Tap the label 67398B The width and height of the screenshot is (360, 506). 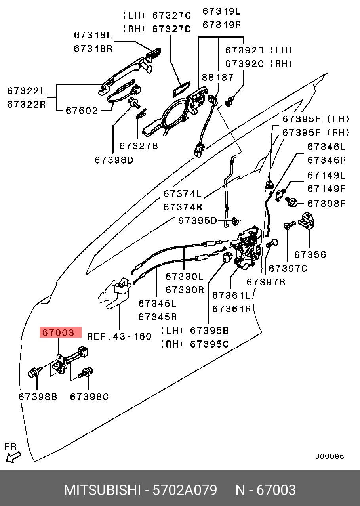(38, 397)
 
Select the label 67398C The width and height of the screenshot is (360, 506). (89, 397)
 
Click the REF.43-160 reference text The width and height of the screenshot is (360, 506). (119, 336)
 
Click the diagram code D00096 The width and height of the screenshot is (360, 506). (330, 456)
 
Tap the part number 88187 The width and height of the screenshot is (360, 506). (218, 77)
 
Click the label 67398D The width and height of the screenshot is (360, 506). (114, 160)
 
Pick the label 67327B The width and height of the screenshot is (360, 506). (139, 146)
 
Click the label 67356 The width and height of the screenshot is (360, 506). (310, 254)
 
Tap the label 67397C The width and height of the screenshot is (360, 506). (288, 268)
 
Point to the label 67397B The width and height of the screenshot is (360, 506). (266, 282)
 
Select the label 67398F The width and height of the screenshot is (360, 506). (327, 204)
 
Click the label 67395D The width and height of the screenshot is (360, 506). (198, 221)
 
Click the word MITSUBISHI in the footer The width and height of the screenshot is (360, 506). (102, 490)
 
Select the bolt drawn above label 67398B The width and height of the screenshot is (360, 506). (34, 373)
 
